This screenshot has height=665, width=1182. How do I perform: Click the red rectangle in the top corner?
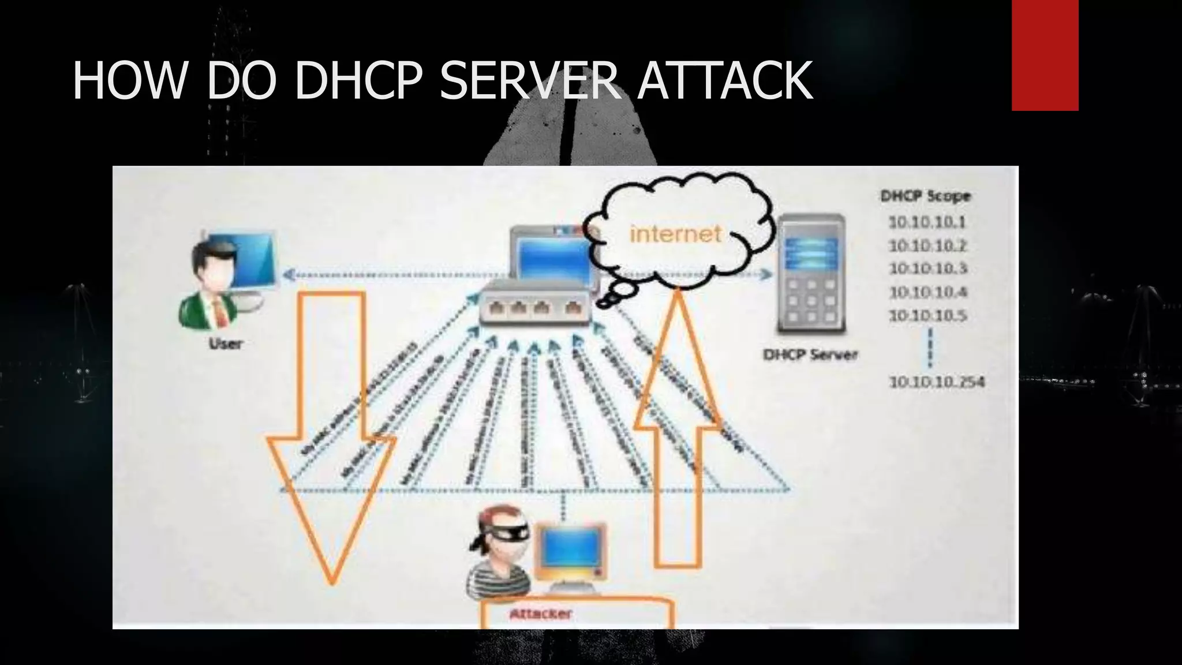(1045, 55)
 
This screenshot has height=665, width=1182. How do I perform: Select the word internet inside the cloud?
(675, 234)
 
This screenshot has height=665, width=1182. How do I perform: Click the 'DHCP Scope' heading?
(925, 196)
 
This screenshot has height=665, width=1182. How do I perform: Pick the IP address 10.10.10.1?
(927, 222)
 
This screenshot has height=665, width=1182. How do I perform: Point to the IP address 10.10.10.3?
(927, 268)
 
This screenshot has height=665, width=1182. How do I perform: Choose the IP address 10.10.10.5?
(927, 316)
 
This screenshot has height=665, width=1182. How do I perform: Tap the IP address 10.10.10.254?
(936, 382)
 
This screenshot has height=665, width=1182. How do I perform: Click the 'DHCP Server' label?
(810, 354)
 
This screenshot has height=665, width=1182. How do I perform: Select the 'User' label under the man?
(225, 344)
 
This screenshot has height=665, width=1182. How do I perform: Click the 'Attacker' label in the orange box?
(540, 614)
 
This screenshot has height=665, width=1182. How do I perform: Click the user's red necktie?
(220, 312)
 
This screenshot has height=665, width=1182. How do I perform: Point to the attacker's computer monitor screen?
(569, 550)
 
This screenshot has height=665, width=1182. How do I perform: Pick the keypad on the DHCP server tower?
(812, 300)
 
